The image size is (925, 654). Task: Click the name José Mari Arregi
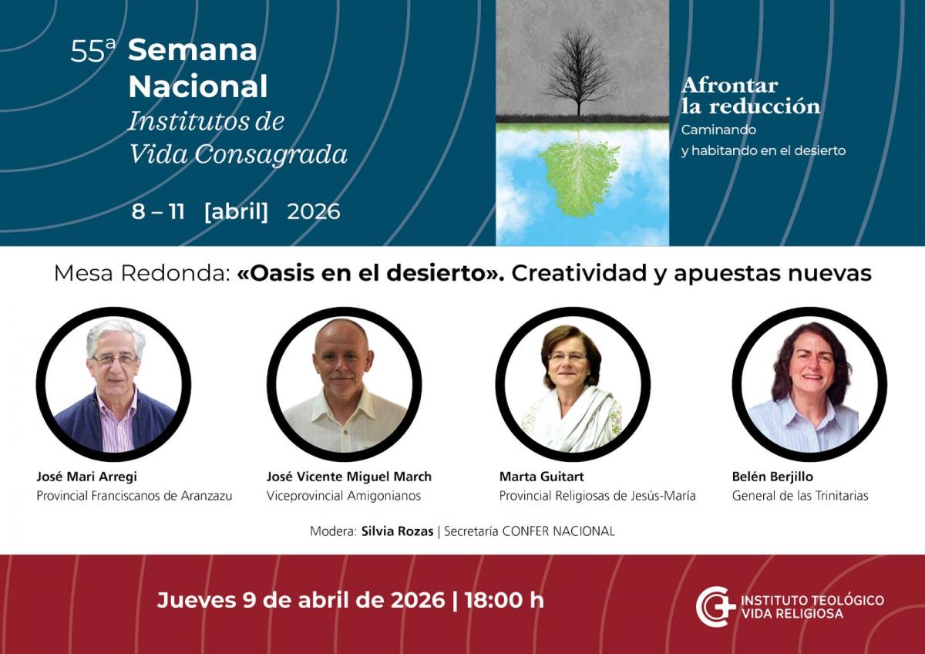click(x=86, y=477)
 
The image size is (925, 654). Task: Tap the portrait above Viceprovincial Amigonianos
click(x=345, y=384)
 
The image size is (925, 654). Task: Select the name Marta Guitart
click(x=541, y=477)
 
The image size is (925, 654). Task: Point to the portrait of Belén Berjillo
click(x=809, y=384)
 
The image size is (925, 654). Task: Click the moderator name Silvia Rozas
click(x=397, y=531)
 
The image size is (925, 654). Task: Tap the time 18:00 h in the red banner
click(x=504, y=600)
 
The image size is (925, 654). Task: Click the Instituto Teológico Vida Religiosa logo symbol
click(x=715, y=606)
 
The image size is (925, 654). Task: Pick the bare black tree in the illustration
click(x=579, y=72)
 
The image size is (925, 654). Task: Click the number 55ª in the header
click(x=93, y=51)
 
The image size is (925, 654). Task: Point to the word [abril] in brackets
click(x=236, y=211)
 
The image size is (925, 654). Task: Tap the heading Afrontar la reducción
click(x=750, y=96)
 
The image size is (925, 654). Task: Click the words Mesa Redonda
click(x=142, y=274)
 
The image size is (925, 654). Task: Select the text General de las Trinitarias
click(x=800, y=495)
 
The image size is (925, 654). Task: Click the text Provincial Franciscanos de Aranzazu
click(x=134, y=495)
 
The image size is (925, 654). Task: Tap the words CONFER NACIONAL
click(x=558, y=531)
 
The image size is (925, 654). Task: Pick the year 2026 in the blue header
click(x=314, y=211)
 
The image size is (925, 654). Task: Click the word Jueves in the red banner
click(x=197, y=600)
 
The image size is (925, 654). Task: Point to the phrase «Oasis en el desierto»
click(x=371, y=274)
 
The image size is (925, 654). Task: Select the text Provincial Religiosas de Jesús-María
click(x=597, y=495)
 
